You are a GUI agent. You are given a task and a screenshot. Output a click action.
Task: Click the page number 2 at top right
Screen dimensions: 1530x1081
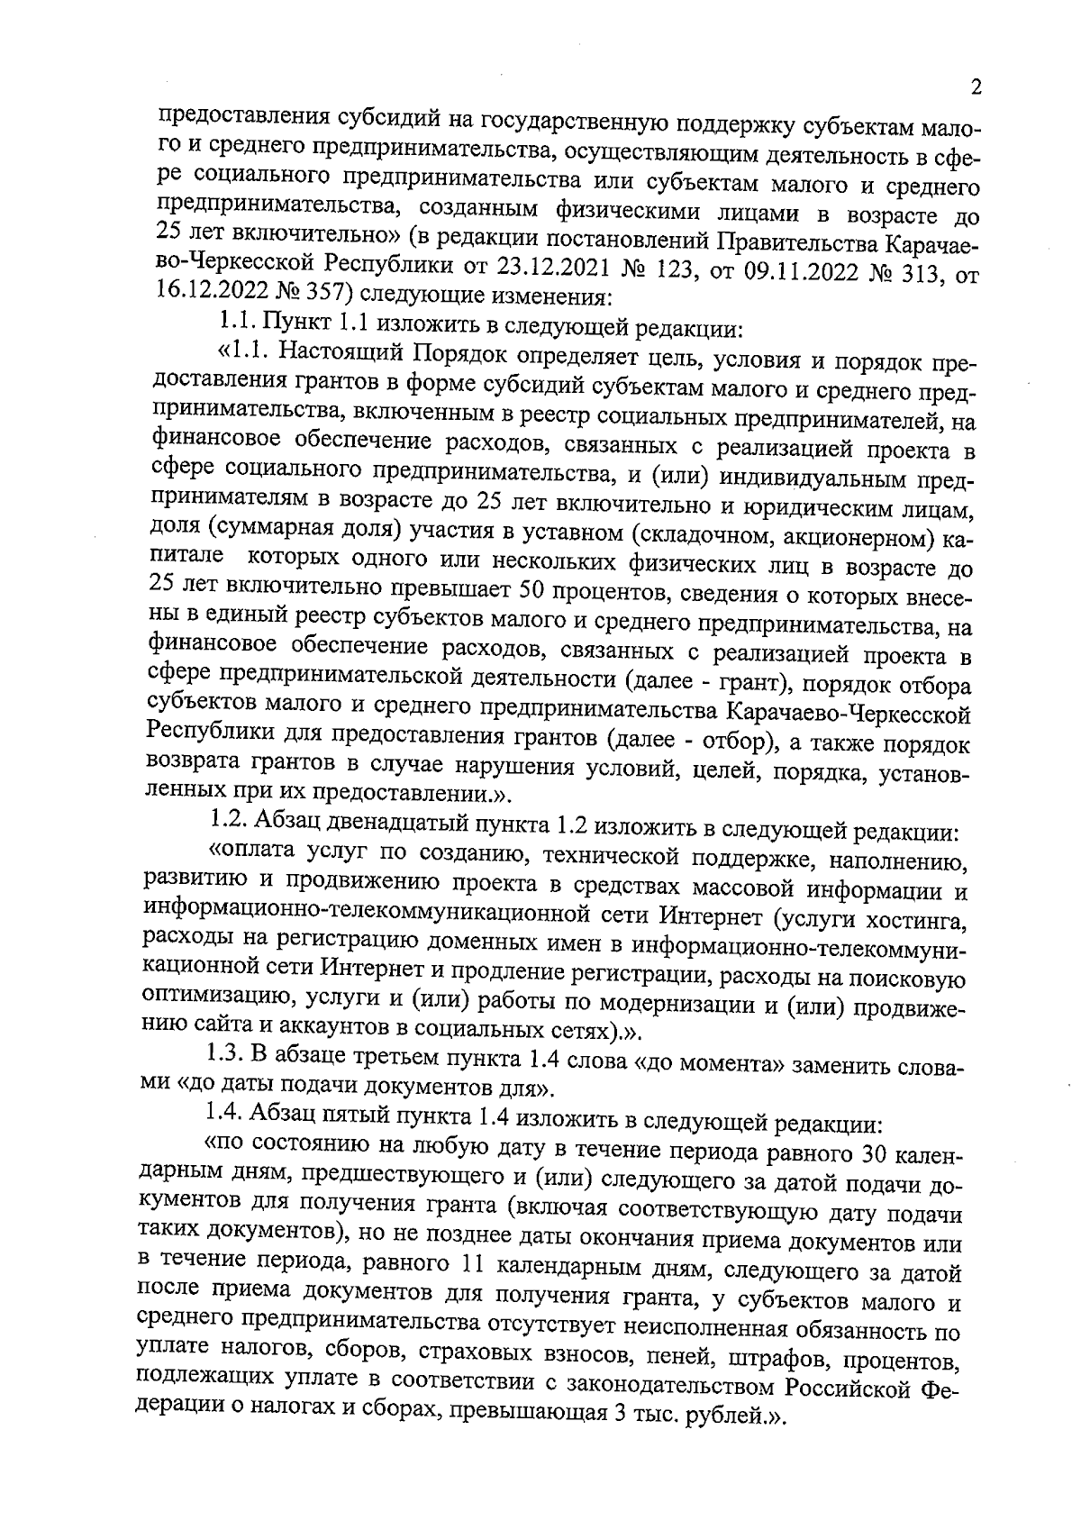coord(977,88)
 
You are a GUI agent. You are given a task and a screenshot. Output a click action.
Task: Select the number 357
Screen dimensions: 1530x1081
coord(316,293)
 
